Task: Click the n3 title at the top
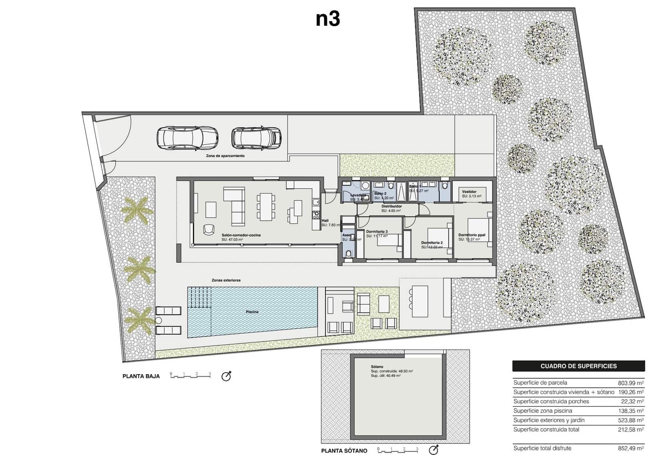pyautogui.click(x=327, y=19)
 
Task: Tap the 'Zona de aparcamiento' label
pyautogui.click(x=225, y=156)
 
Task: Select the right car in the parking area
pyautogui.click(x=256, y=138)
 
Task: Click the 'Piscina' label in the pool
pyautogui.click(x=252, y=312)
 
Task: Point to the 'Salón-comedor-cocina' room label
pyautogui.click(x=241, y=235)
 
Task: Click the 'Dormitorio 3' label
pyautogui.click(x=377, y=232)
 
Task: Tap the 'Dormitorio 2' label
pyautogui.click(x=432, y=243)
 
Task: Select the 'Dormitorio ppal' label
pyautogui.click(x=472, y=235)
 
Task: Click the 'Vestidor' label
pyautogui.click(x=469, y=192)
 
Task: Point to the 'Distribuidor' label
pyautogui.click(x=391, y=206)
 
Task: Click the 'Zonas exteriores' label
pyautogui.click(x=226, y=280)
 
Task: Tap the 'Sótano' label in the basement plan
pyautogui.click(x=377, y=367)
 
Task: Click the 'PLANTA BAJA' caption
pyautogui.click(x=141, y=376)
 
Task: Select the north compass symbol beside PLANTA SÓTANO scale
pyautogui.click(x=434, y=450)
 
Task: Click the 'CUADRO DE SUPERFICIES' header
pyautogui.click(x=578, y=366)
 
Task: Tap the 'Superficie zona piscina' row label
pyautogui.click(x=542, y=411)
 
